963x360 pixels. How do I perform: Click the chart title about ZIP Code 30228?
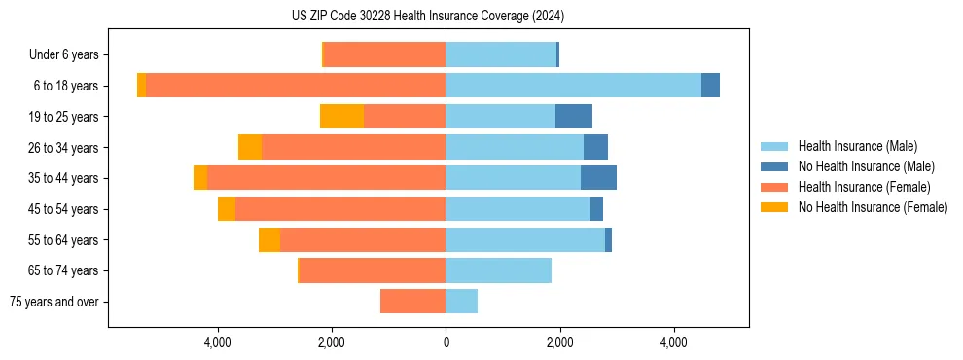[x=427, y=17]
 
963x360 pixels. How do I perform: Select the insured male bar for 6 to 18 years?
[x=573, y=86]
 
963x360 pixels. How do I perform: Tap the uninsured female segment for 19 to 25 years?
[x=341, y=117]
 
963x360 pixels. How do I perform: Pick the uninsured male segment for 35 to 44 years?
[x=598, y=178]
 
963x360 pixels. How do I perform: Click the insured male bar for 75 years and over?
[x=461, y=302]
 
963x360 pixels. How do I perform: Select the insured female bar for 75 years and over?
[x=412, y=302]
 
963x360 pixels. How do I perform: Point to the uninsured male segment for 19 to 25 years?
[x=573, y=117]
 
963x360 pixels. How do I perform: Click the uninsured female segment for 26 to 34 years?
[x=250, y=147]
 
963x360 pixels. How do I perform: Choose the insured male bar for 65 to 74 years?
[x=498, y=270]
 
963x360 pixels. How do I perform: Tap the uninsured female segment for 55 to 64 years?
[x=269, y=239]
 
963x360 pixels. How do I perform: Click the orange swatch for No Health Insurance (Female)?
[x=775, y=207]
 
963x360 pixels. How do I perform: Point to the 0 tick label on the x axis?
[x=446, y=342]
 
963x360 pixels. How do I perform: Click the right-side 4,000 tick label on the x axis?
[x=674, y=342]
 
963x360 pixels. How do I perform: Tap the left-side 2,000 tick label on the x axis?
[x=332, y=342]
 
